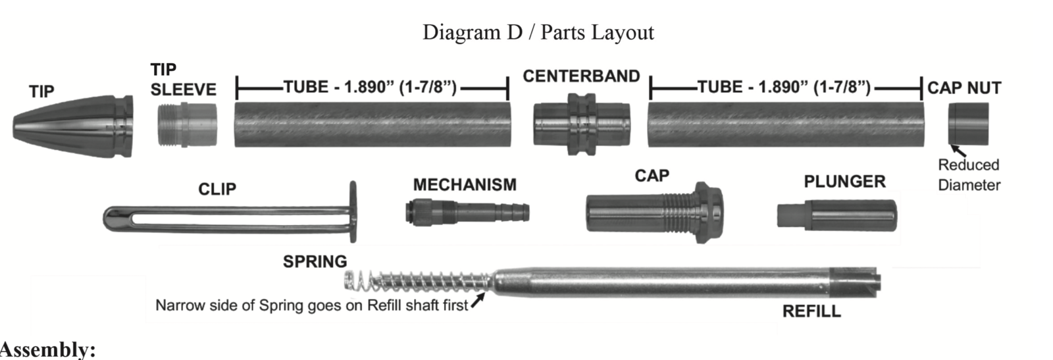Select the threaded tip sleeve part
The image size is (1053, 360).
pyautogui.click(x=187, y=125)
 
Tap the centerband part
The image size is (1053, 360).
pyautogui.click(x=581, y=124)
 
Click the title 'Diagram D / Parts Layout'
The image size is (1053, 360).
pyautogui.click(x=538, y=32)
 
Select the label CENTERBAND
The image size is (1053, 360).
pyautogui.click(x=581, y=76)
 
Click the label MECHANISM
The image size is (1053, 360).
pyautogui.click(x=465, y=185)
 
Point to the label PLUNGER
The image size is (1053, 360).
pyautogui.click(x=844, y=182)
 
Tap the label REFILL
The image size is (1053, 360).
pyautogui.click(x=811, y=311)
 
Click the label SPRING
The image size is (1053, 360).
pyautogui.click(x=315, y=261)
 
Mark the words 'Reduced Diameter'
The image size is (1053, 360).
pyautogui.click(x=969, y=175)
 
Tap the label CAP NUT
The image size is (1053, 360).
pyautogui.click(x=964, y=88)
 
